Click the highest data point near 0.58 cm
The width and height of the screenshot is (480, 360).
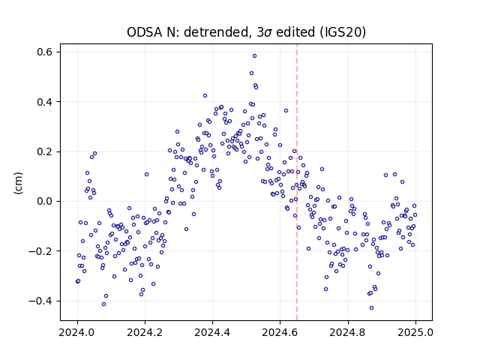tap(254, 56)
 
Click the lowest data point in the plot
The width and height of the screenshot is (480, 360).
tap(372, 308)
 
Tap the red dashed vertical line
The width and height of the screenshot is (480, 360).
tap(297, 182)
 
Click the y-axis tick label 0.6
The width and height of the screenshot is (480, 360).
tap(45, 52)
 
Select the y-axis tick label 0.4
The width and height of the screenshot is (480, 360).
tap(45, 102)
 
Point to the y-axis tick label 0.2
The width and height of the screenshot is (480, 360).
tap(45, 151)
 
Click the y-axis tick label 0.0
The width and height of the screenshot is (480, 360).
tap(45, 202)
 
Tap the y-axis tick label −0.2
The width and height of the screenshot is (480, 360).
tap(40, 251)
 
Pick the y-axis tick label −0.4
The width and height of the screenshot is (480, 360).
tap(40, 301)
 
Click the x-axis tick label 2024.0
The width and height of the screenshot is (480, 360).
tap(77, 332)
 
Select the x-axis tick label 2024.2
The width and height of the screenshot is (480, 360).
tap(145, 332)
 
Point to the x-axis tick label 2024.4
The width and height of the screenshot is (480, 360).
tap(212, 332)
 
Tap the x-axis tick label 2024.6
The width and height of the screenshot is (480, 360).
tap(280, 332)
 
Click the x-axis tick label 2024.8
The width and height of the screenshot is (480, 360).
tap(348, 332)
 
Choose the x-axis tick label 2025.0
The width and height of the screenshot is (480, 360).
tap(415, 332)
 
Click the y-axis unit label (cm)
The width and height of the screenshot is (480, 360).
tap(19, 183)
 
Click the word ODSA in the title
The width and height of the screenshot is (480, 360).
tap(145, 32)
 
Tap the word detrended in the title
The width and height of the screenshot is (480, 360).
tap(216, 32)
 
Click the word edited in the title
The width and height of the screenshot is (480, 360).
tap(295, 32)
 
